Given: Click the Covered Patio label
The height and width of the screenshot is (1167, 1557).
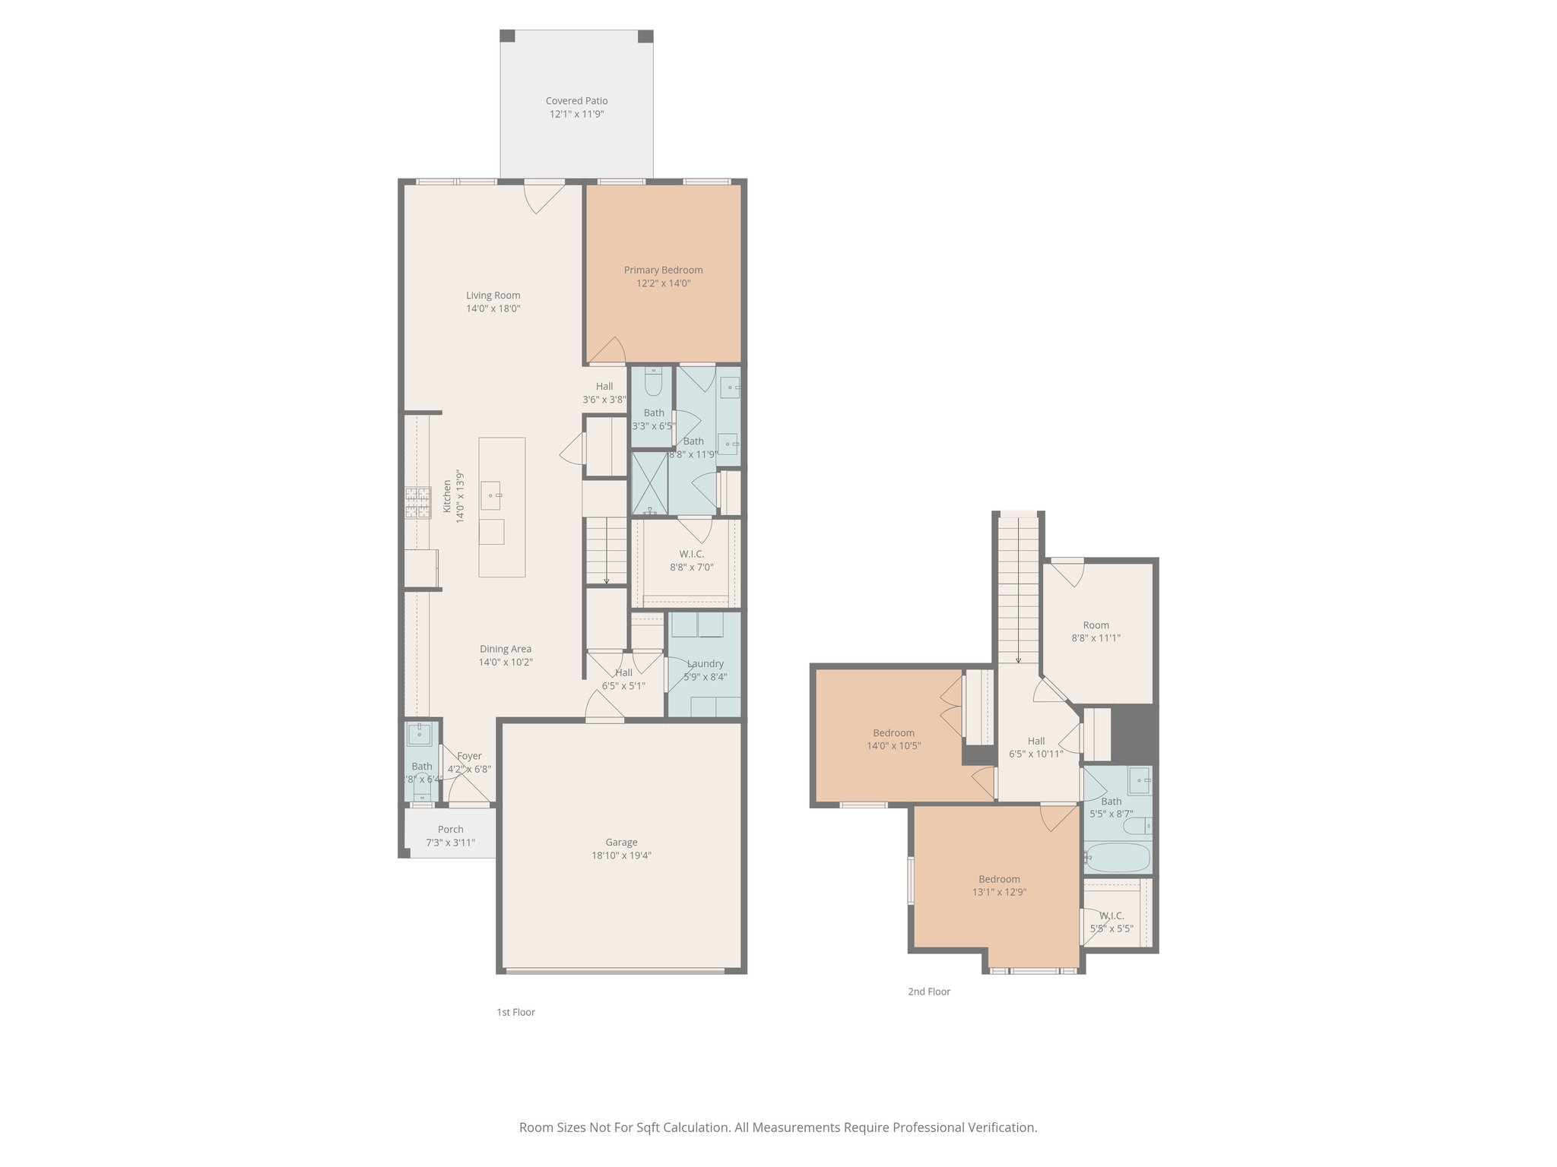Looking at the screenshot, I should coord(576,100).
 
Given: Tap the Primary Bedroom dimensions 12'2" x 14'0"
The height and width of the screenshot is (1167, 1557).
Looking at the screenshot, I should coord(663,283).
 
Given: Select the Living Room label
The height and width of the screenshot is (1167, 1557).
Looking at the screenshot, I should coord(493,296).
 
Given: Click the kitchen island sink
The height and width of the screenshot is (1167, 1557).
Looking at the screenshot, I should coord(491,495).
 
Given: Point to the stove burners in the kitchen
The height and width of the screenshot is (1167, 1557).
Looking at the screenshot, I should coord(417,502).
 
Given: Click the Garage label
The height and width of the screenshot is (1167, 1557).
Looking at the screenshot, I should coord(621,842).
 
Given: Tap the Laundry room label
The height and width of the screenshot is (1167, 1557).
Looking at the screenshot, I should coord(705,663).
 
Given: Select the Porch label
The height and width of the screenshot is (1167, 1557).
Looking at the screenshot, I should coord(450,830).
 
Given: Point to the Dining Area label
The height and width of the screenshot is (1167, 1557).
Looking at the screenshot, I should coord(505,649).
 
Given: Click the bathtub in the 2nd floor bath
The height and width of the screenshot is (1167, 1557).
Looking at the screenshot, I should coord(1116,858).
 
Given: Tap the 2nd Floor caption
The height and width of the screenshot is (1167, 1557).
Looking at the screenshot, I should coord(928,991).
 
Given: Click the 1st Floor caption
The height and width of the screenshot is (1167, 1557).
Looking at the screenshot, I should coord(515,1012).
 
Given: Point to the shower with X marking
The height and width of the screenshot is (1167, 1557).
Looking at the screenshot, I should coord(649,482).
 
